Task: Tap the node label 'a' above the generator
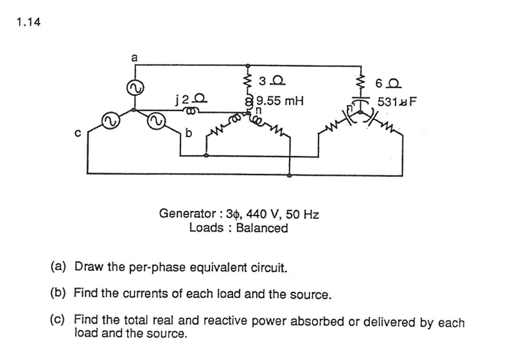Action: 134,57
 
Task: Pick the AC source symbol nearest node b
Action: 156,120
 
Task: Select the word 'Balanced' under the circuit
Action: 261,228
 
